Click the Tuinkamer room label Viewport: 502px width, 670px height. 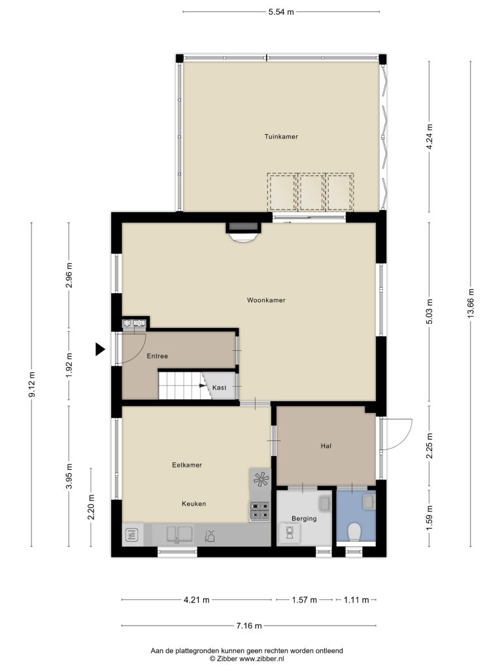[x=281, y=137]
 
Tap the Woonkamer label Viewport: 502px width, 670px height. [x=266, y=300]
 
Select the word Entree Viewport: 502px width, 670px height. [x=157, y=356]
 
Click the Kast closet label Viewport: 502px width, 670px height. [x=220, y=387]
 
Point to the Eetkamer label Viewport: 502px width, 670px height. [x=187, y=465]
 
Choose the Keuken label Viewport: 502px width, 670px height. [x=193, y=504]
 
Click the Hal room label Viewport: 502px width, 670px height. [x=326, y=446]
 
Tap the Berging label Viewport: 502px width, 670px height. [x=304, y=519]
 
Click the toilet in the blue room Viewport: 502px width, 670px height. [x=354, y=533]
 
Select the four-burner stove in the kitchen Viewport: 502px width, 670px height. [x=260, y=510]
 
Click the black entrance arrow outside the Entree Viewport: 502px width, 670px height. [x=100, y=349]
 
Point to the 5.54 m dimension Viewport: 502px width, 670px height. [x=281, y=12]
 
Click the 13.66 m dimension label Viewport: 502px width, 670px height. [x=471, y=303]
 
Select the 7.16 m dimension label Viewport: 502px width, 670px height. [x=249, y=626]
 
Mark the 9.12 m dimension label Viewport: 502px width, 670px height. [x=31, y=385]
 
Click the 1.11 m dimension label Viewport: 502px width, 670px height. [x=356, y=600]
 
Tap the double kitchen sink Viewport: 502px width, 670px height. [x=179, y=534]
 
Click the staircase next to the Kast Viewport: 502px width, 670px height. [x=180, y=385]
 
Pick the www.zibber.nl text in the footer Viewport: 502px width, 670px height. [x=261, y=659]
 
